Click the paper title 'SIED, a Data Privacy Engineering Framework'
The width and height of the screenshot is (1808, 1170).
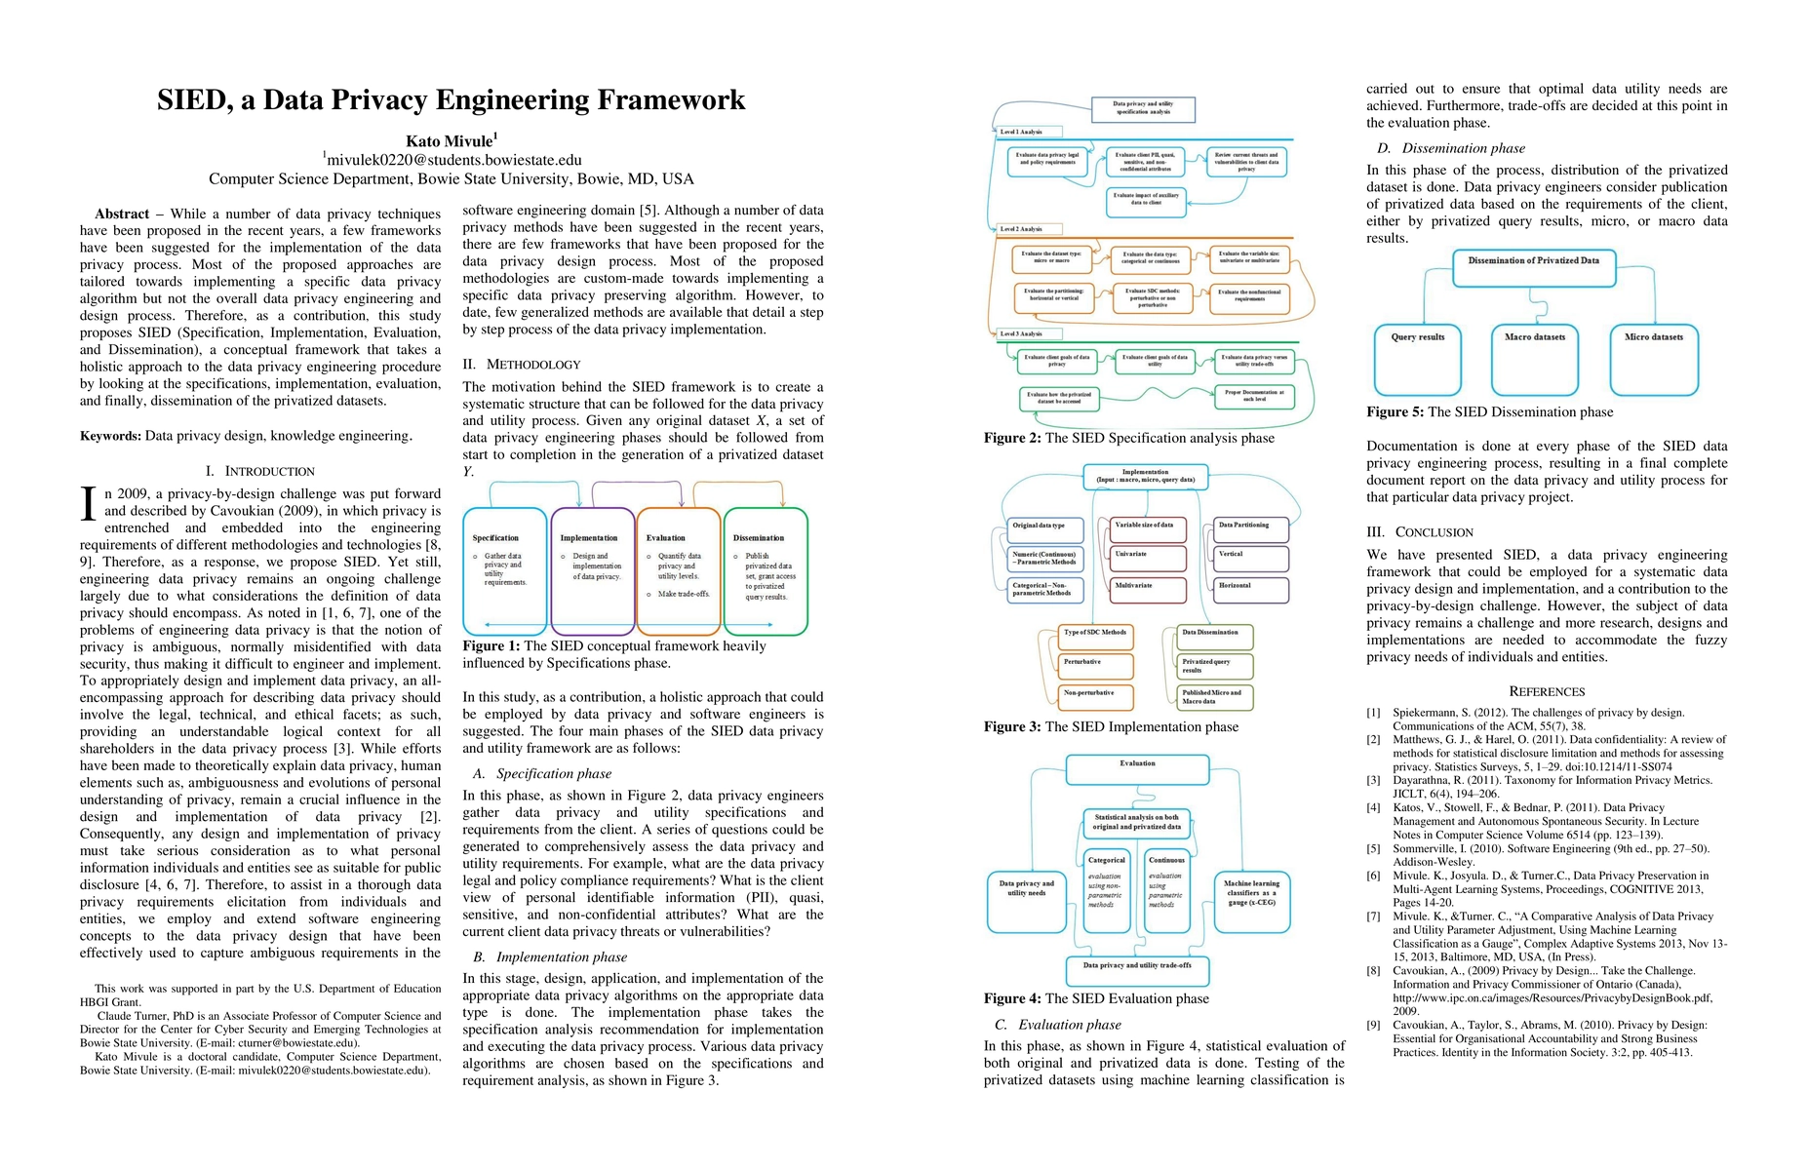tap(451, 100)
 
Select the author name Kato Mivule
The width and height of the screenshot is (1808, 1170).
tap(450, 141)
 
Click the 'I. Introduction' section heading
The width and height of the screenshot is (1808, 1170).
tap(260, 471)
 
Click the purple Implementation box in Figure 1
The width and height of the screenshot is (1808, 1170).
tap(593, 570)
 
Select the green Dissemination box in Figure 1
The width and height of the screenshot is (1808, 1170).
tap(766, 570)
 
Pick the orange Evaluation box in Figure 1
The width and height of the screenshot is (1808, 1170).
tap(679, 570)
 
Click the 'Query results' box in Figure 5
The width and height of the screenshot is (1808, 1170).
tap(1417, 359)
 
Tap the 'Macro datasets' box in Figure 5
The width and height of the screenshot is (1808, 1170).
tap(1535, 359)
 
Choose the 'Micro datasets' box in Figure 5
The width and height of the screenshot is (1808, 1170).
tap(1654, 359)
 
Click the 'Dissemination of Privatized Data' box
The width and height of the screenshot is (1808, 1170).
tap(1533, 268)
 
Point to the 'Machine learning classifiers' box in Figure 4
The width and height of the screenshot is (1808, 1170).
tap(1251, 901)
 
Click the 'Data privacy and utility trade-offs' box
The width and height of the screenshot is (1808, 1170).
tap(1137, 969)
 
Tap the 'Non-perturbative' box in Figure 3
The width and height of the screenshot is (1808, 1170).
tap(1096, 696)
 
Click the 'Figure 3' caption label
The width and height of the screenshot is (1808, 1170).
tap(1012, 726)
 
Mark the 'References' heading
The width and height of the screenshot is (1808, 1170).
tap(1547, 691)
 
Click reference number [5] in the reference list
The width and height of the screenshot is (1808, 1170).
tap(1373, 849)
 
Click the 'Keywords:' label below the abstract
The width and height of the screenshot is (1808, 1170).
tap(110, 436)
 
